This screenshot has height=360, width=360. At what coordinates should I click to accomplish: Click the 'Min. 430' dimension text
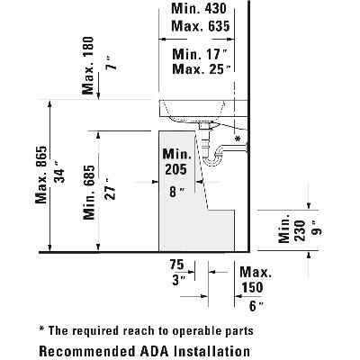pos(199,8)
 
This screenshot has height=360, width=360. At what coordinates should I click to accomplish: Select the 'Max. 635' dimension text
pos(201,26)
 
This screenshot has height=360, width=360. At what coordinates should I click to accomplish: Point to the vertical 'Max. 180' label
pos(88,66)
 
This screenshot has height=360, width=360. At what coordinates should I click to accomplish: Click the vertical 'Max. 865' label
pos(41,175)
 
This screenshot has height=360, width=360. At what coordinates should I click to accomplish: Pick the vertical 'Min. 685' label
pos(89,193)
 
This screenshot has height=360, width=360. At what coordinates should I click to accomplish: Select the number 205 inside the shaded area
pos(175,169)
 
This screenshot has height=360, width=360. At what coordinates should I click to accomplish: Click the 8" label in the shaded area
pos(175,192)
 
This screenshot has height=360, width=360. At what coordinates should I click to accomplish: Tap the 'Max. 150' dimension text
pos(256,280)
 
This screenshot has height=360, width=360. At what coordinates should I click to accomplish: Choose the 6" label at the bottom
pos(256,306)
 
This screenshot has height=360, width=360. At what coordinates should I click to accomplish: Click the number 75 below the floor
pos(176,265)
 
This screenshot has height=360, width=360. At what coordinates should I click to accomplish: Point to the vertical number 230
pos(300,230)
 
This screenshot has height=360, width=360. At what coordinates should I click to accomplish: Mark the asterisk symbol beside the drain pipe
pos(238,139)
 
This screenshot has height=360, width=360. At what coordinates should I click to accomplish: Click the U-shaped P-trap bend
pos(212,160)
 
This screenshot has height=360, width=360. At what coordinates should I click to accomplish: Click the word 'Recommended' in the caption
pos(87,351)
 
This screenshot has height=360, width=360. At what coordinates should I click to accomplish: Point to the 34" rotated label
pos(58,175)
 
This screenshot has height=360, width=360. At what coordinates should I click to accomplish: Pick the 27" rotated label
pos(110,189)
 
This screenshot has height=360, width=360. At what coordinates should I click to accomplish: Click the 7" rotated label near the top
pos(112,63)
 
